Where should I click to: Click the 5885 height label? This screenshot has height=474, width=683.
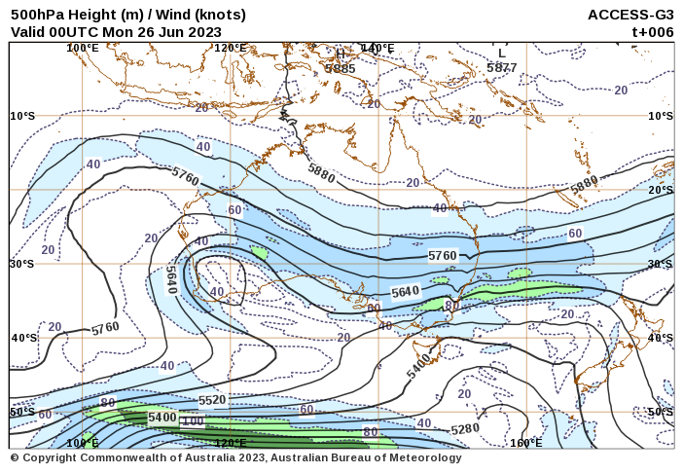tap(341, 68)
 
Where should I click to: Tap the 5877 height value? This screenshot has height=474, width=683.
tap(502, 68)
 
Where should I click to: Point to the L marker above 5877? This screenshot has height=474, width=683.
tap(501, 54)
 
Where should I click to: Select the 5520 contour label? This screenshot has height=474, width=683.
tap(211, 400)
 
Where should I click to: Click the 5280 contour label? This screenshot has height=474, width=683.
tap(465, 428)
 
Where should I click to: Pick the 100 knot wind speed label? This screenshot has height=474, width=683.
tap(193, 421)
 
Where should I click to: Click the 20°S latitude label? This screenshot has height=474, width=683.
tap(661, 190)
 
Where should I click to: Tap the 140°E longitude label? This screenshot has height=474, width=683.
tap(377, 48)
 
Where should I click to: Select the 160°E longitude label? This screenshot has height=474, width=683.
tap(525, 443)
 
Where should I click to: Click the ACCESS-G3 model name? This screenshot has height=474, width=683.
tap(630, 15)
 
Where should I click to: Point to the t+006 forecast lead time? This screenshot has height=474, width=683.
tap(653, 31)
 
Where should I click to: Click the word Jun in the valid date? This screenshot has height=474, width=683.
tap(168, 31)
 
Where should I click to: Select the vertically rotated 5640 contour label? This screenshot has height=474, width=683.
tap(171, 280)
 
